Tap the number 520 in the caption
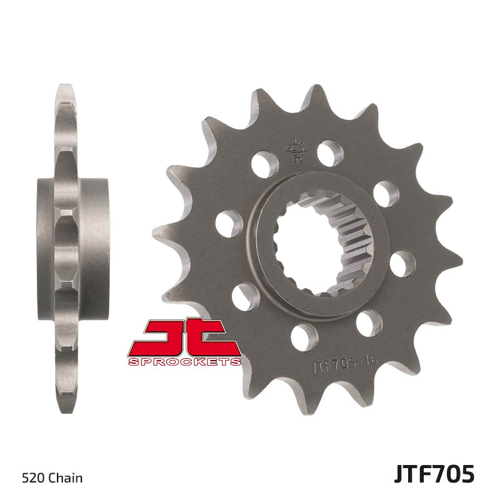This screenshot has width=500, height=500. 32,479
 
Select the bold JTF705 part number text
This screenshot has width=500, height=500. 434,474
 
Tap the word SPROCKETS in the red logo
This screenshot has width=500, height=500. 184,362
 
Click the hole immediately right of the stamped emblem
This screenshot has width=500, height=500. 330,154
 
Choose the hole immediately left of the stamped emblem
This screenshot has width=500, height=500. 264,164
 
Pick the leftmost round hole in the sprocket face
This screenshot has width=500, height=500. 229,223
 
